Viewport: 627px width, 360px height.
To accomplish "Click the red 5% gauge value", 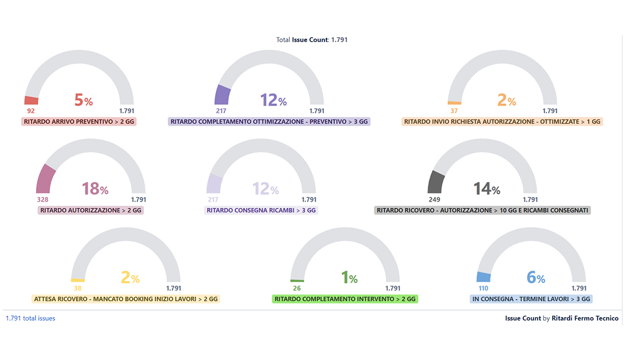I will click(x=84, y=100).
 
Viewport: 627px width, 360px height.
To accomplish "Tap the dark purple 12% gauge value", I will click(x=273, y=100).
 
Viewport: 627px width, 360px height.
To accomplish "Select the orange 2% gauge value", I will click(x=507, y=100).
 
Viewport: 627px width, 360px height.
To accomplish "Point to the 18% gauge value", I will click(x=95, y=188).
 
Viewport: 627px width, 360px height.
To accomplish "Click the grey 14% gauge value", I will click(x=487, y=188).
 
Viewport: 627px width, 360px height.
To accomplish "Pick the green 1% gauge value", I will click(x=349, y=278).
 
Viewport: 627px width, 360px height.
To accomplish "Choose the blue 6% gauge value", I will click(x=536, y=278).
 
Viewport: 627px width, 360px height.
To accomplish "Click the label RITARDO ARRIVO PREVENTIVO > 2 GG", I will click(x=79, y=122).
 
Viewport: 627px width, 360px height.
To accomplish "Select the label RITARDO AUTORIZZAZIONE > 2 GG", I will click(x=90, y=210).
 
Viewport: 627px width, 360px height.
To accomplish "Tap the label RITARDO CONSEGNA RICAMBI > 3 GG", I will click(x=261, y=210).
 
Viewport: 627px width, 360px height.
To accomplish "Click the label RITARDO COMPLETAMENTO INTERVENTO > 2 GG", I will click(x=345, y=299).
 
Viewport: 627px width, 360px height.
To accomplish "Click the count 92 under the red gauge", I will click(x=31, y=111).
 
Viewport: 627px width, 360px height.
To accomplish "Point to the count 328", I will click(x=42, y=199).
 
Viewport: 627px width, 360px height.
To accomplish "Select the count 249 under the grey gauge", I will click(x=435, y=199).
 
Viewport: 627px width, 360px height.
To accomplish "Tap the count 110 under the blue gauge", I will click(x=483, y=288).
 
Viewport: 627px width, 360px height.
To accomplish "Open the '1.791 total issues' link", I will click(x=30, y=318).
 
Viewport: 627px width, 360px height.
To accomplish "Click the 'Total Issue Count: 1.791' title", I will click(x=312, y=40).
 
